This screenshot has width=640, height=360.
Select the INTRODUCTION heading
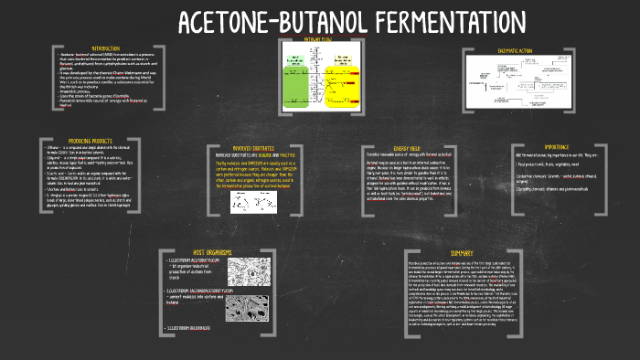point(106,48)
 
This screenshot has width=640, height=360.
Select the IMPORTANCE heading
point(557,145)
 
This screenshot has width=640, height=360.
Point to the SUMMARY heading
point(461,252)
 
